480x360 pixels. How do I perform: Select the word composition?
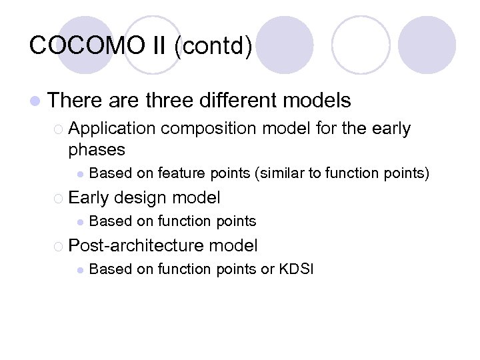[x=208, y=129]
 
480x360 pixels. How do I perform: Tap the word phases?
[x=97, y=149]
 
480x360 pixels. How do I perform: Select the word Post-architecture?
[x=137, y=245]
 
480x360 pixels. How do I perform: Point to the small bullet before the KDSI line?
[x=79, y=270]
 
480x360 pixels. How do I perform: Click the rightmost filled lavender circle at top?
[x=427, y=45]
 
